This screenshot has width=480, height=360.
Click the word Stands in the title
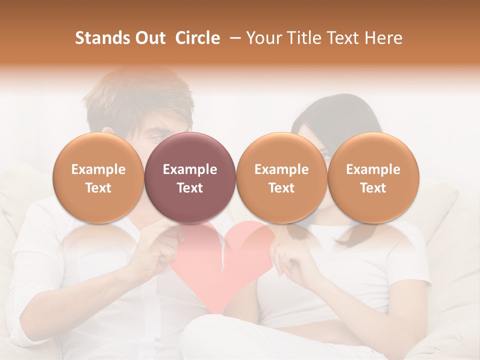click(x=102, y=38)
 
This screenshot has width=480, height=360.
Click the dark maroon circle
click(x=190, y=177)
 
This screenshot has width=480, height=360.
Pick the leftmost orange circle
click(x=98, y=177)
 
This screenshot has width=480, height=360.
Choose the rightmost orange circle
click(x=373, y=177)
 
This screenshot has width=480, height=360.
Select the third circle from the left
click(x=281, y=177)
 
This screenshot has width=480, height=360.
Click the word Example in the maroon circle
click(x=190, y=169)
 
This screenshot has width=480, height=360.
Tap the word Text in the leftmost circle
click(x=98, y=188)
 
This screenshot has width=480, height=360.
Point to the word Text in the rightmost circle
click(x=373, y=188)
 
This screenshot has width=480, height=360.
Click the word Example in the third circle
click(x=281, y=169)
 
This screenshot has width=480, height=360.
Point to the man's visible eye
click(x=156, y=136)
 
